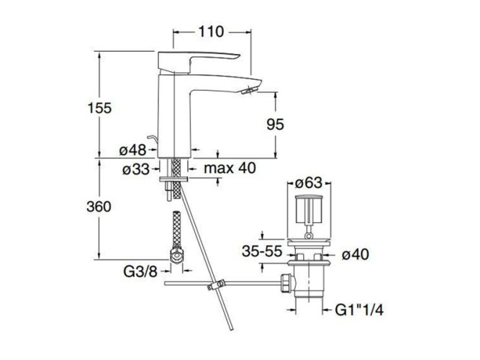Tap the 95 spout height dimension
click(x=274, y=124)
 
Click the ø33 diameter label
click(x=135, y=170)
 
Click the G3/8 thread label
click(x=137, y=271)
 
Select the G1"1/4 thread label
click(x=361, y=310)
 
